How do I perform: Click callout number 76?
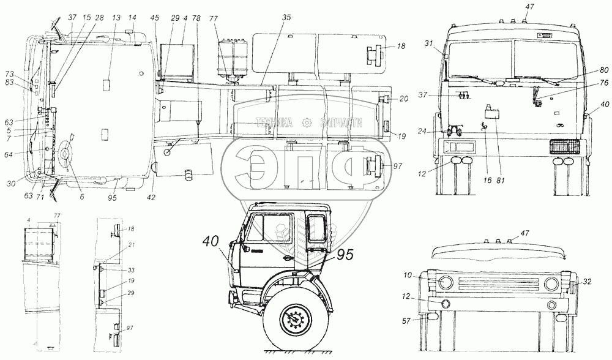tap(587, 82)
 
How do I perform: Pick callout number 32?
tap(588, 283)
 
